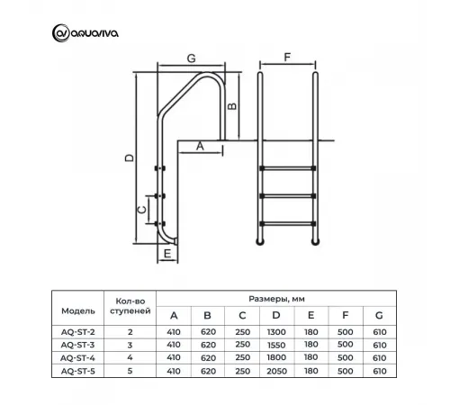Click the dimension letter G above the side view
click(190, 58)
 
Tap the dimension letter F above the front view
click(287, 57)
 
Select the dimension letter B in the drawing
click(232, 105)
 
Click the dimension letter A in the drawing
click(200, 144)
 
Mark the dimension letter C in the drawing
click(140, 209)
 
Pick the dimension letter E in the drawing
click(168, 254)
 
